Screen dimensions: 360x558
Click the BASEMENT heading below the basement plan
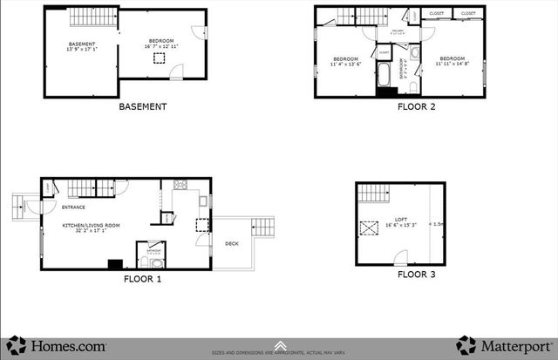tap(142, 107)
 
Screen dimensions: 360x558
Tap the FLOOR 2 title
tap(417, 107)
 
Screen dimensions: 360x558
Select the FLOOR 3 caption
tap(417, 275)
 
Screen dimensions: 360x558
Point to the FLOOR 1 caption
tap(142, 280)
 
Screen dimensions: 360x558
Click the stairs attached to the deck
tap(263, 228)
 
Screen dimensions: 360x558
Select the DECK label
tap(231, 243)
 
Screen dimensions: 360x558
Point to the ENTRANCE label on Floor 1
tap(72, 207)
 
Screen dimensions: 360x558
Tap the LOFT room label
tap(401, 219)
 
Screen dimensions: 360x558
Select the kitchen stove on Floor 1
tap(182, 185)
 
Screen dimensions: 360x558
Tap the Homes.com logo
tap(58, 345)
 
